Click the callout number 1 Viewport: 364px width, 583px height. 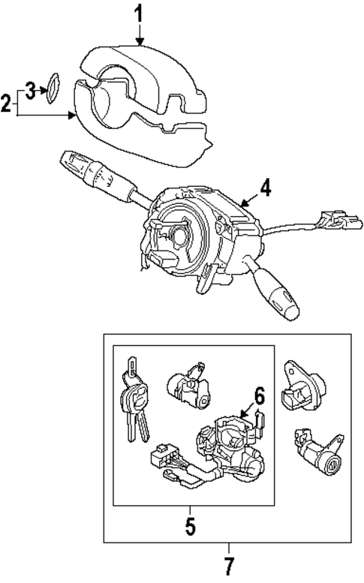[x=139, y=13]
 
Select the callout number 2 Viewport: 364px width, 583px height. [x=6, y=102]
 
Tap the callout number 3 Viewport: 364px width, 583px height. [x=30, y=91]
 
